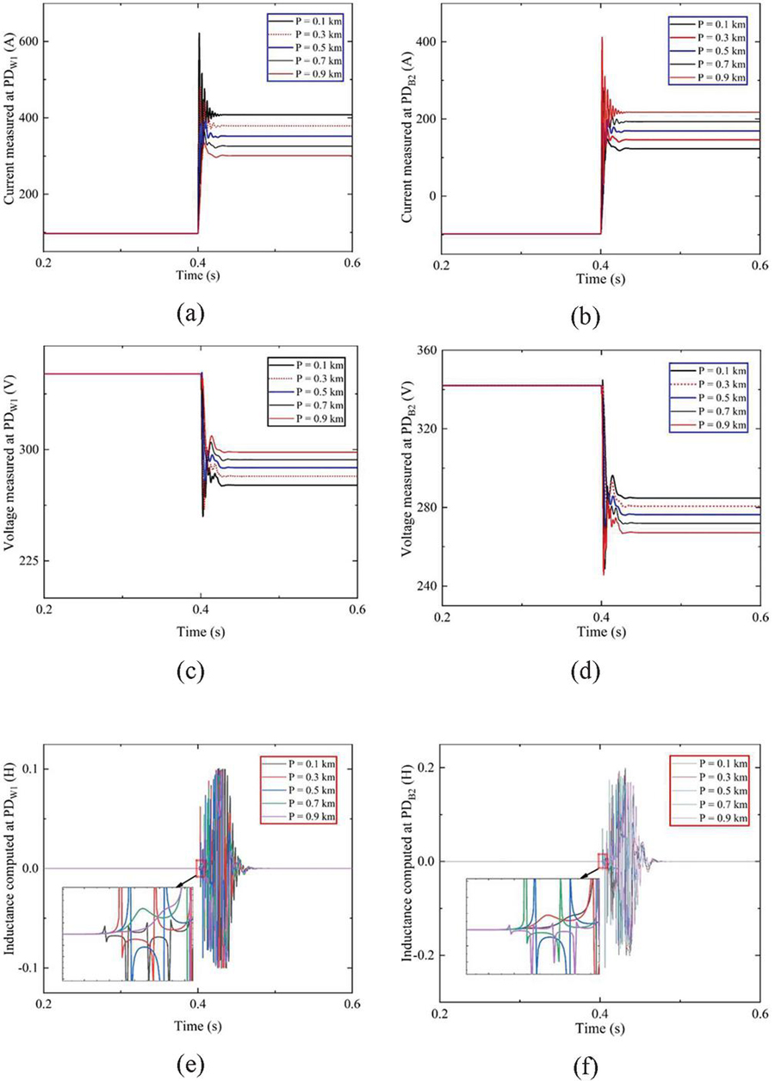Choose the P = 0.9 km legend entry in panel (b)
click(720, 78)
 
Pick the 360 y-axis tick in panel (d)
click(421, 349)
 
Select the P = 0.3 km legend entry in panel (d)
click(720, 376)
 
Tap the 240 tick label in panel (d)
click(421, 586)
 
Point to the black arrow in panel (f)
click(591, 873)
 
